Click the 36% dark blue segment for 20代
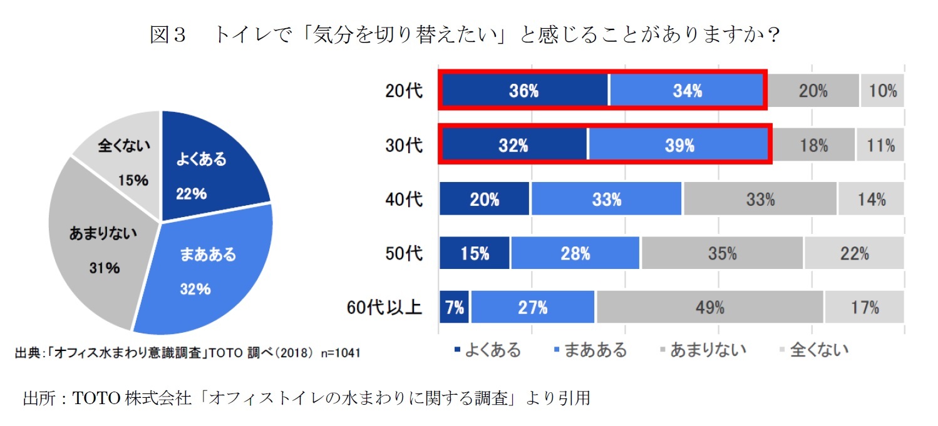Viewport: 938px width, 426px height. pos(523,91)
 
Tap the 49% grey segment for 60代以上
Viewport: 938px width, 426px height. pos(709,307)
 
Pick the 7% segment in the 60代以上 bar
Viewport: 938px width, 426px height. pos(455,307)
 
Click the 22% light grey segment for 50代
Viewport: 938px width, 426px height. pos(854,253)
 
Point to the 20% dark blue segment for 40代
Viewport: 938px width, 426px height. pos(485,199)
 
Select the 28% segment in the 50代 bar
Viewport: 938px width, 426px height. pos(575,253)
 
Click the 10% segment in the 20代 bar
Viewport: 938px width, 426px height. pos(882,91)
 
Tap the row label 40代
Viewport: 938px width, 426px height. pos(404,200)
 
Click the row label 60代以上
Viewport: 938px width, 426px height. pos(384,308)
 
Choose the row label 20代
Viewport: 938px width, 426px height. pos(404,91)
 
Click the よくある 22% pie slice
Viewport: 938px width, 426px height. pos(207,172)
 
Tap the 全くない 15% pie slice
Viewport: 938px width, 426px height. pos(122,160)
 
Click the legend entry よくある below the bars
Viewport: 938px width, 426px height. pos(488,350)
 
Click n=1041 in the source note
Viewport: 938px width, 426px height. pos(339,353)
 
